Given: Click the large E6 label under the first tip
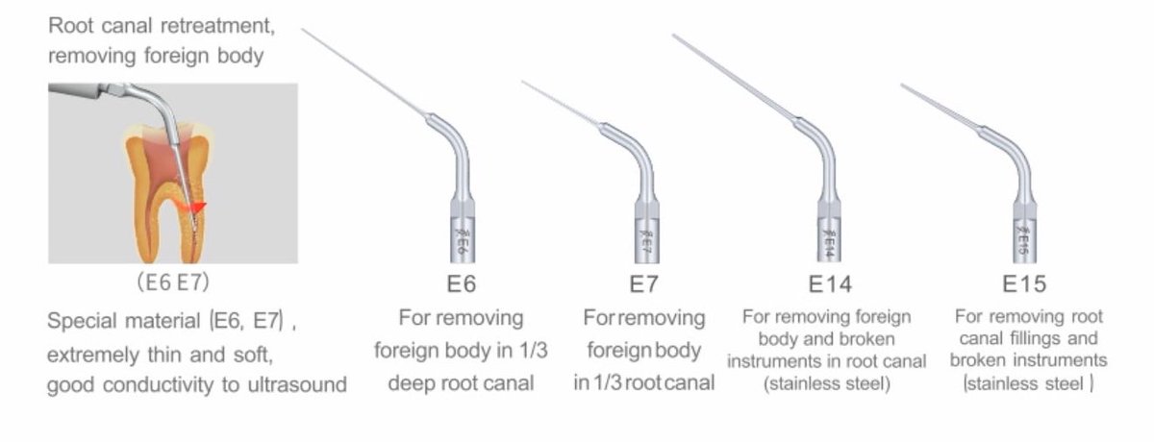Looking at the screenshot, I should coord(462,284).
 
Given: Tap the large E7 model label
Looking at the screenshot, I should coord(644,284).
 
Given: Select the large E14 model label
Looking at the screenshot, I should coord(830,284).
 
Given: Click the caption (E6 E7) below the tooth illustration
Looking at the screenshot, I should coord(173,284).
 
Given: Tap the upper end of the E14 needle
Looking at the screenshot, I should coord(675,37).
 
